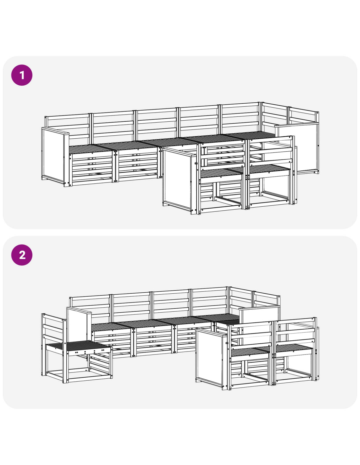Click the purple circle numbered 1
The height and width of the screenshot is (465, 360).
tap(22, 75)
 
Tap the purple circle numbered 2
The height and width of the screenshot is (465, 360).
tap(22, 255)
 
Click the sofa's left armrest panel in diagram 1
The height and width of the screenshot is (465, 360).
tap(55, 157)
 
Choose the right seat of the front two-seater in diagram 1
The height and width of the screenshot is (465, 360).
tap(269, 169)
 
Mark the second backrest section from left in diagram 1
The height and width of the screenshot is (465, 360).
tap(114, 126)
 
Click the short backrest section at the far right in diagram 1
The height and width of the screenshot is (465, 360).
tap(303, 115)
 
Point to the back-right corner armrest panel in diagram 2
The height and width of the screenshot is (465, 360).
tap(260, 315)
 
